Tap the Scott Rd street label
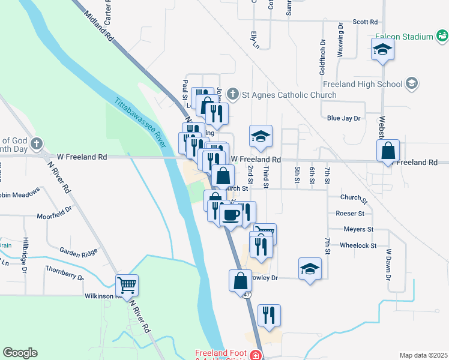pyautogui.click(x=365, y=21)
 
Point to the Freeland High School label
pyautogui.click(x=362, y=84)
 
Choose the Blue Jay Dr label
pyautogui.click(x=343, y=118)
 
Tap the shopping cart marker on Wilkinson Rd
pyautogui.click(x=127, y=285)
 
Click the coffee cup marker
pyautogui.click(x=231, y=215)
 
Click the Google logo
pyautogui.click(x=20, y=353)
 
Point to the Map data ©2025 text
pyautogui.click(x=423, y=355)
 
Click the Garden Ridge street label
pyautogui.click(x=78, y=251)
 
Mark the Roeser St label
pyautogui.click(x=350, y=213)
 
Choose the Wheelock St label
pyautogui.click(x=358, y=245)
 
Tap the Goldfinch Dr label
pyautogui.click(x=323, y=52)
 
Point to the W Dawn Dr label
pyautogui.click(x=388, y=265)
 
